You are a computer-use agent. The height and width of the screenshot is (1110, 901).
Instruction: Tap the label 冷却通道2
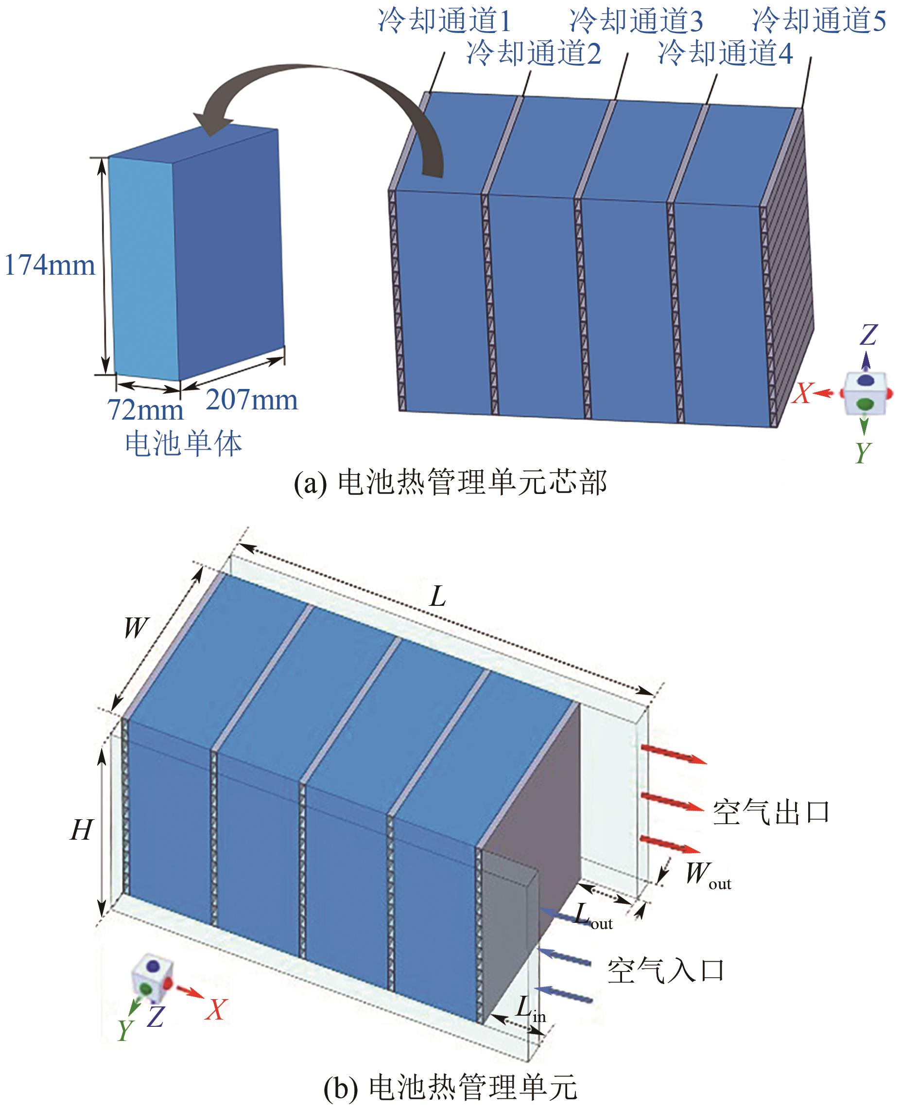click(534, 53)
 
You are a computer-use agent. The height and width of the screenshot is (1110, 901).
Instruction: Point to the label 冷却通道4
click(726, 53)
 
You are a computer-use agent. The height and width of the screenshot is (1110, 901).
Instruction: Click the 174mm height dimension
click(50, 265)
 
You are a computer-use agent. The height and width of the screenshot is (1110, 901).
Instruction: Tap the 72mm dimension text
click(145, 410)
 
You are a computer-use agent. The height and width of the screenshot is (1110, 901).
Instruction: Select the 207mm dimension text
click(252, 400)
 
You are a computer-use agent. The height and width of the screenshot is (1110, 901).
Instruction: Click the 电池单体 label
click(184, 444)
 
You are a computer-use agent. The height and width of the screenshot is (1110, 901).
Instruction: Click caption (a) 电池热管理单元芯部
click(450, 483)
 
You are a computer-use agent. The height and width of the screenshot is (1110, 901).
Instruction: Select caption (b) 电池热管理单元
click(450, 1087)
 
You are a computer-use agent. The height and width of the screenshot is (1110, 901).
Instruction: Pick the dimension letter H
click(82, 829)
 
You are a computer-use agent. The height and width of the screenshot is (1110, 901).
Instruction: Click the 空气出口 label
click(771, 812)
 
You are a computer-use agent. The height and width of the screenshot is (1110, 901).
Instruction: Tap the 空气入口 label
click(665, 970)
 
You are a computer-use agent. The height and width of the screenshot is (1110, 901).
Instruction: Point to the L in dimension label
click(530, 1009)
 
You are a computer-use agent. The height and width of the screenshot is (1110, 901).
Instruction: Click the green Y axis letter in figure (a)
click(862, 452)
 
